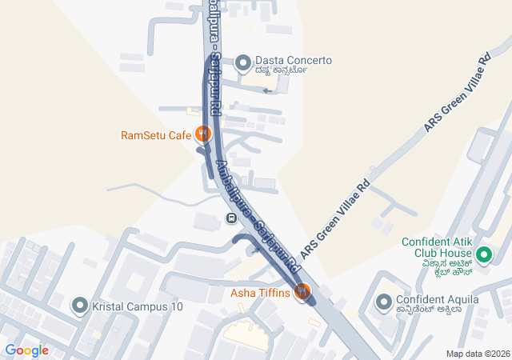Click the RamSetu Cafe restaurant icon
(203, 134)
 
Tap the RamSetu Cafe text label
(156, 135)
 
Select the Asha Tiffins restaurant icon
(302, 293)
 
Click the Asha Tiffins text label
(260, 293)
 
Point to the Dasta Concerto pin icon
(243, 61)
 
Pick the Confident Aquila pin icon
(383, 302)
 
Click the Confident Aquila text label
(429, 302)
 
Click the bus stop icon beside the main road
(231, 218)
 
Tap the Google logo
(26, 350)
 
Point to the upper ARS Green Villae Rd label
(457, 94)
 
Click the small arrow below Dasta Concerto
(268, 90)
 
